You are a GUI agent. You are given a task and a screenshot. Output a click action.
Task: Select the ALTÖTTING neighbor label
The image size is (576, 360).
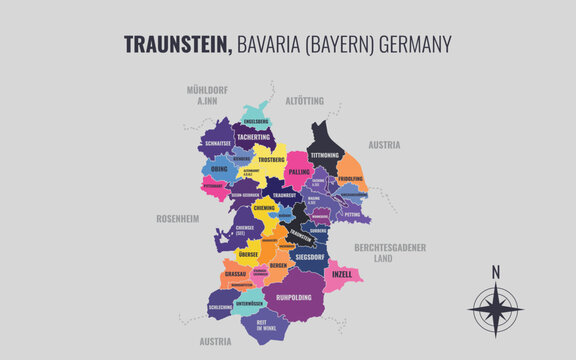tap(305, 102)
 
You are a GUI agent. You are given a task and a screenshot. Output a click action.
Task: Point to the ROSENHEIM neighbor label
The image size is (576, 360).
tap(178, 217)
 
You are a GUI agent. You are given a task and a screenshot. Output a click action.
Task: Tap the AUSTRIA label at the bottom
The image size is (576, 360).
tap(214, 341)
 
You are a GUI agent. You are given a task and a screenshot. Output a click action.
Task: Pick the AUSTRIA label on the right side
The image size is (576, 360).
tap(384, 144)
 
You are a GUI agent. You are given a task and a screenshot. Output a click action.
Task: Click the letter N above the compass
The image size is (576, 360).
tap(495, 271)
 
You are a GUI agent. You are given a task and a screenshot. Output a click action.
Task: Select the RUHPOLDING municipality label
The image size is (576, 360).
tap(296, 296)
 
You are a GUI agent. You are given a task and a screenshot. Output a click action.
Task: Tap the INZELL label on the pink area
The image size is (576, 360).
tap(342, 273)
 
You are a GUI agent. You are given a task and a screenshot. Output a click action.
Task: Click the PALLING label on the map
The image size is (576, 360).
tap(299, 172)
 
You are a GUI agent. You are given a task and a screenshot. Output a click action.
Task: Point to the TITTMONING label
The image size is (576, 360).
tap(324, 155)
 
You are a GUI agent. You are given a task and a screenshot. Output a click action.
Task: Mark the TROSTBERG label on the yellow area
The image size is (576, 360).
tap(271, 159)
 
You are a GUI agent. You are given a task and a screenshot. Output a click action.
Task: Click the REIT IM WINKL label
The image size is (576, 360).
tap(266, 324)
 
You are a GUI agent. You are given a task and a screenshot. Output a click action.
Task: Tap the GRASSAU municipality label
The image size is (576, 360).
tap(235, 273)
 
